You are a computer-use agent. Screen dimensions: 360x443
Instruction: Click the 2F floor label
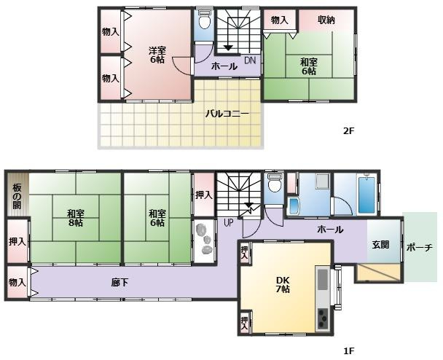point(348,131)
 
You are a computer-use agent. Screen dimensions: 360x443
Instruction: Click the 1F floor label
point(348,351)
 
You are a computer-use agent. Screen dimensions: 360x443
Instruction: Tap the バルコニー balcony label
point(227,114)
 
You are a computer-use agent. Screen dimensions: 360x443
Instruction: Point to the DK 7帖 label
point(283,284)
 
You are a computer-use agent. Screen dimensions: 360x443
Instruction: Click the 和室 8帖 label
point(75,218)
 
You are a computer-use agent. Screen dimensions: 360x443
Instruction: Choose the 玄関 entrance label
point(380,246)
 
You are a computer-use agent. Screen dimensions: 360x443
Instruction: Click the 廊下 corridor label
point(120,282)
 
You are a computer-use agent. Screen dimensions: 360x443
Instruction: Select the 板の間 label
point(16,195)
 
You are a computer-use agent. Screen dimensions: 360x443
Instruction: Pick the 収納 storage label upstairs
point(326,20)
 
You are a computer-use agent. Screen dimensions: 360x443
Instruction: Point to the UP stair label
point(229,222)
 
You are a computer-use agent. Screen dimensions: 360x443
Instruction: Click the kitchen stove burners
point(322,318)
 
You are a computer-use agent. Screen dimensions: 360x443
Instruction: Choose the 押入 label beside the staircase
point(204,195)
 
